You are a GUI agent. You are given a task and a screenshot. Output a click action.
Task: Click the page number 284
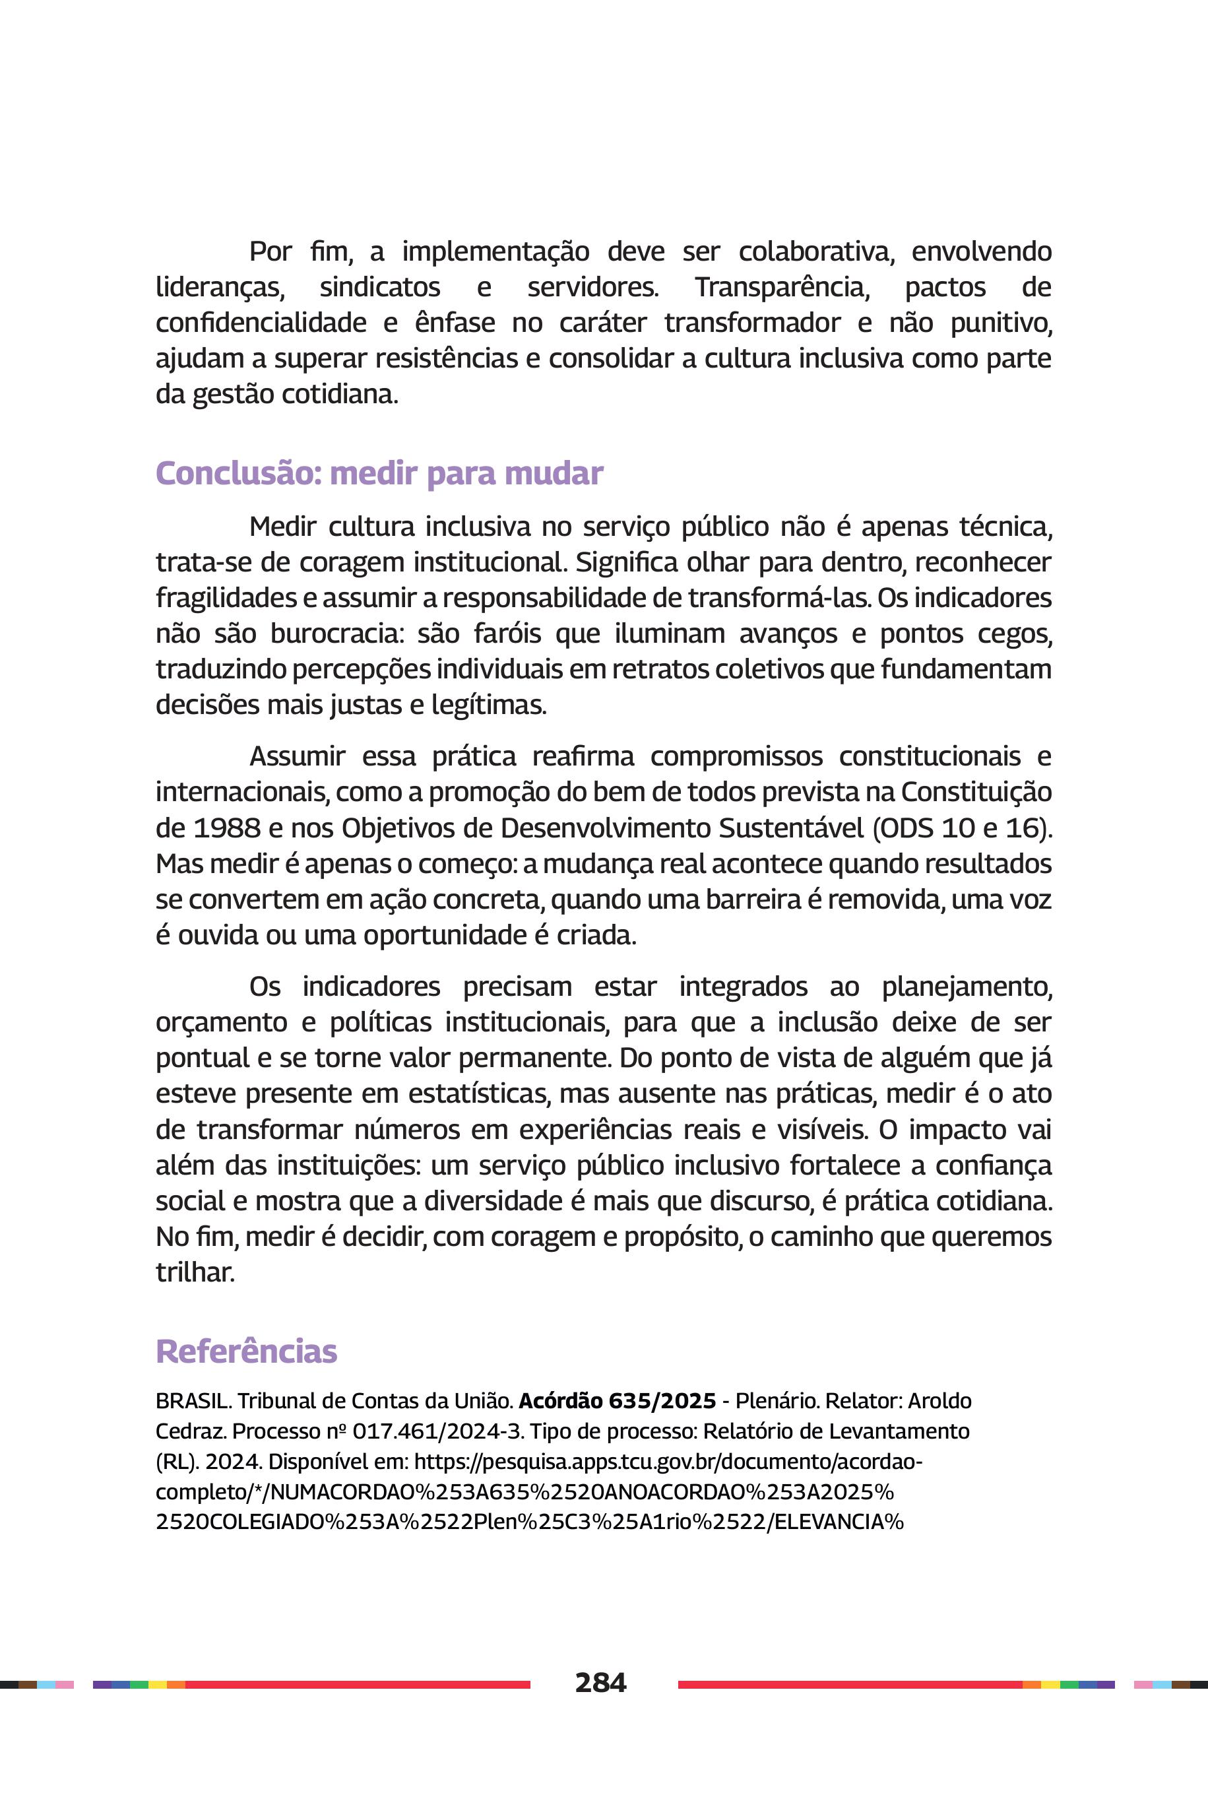pyautogui.click(x=600, y=1682)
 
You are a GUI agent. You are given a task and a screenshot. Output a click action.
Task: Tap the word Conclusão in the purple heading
pyautogui.click(x=236, y=473)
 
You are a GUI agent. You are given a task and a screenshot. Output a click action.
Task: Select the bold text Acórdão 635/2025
pyautogui.click(x=617, y=1400)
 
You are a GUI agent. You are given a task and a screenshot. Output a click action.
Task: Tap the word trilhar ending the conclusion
pyautogui.click(x=194, y=1272)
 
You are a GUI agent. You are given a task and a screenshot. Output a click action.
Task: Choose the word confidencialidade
pyautogui.click(x=261, y=322)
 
